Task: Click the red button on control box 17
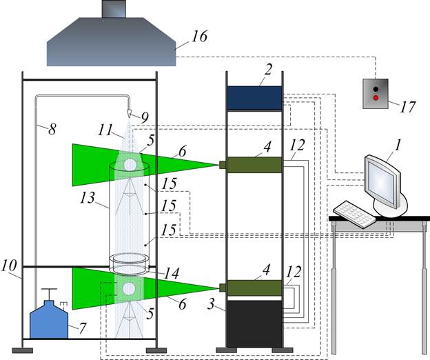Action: [376, 98]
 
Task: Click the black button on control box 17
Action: [376, 89]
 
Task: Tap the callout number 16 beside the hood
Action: [199, 37]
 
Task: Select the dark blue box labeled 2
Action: [254, 98]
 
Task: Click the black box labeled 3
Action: [254, 323]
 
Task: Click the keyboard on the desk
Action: [354, 214]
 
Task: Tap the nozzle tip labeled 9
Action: [129, 114]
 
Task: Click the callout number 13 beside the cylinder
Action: [88, 197]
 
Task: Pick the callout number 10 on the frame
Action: [8, 266]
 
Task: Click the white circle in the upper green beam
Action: [130, 164]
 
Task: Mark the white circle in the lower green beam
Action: [129, 289]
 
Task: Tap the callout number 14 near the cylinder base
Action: [172, 273]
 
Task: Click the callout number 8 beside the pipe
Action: [52, 129]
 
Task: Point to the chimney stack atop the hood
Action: [114, 9]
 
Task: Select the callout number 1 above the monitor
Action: [398, 145]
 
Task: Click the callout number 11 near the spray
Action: [106, 130]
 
